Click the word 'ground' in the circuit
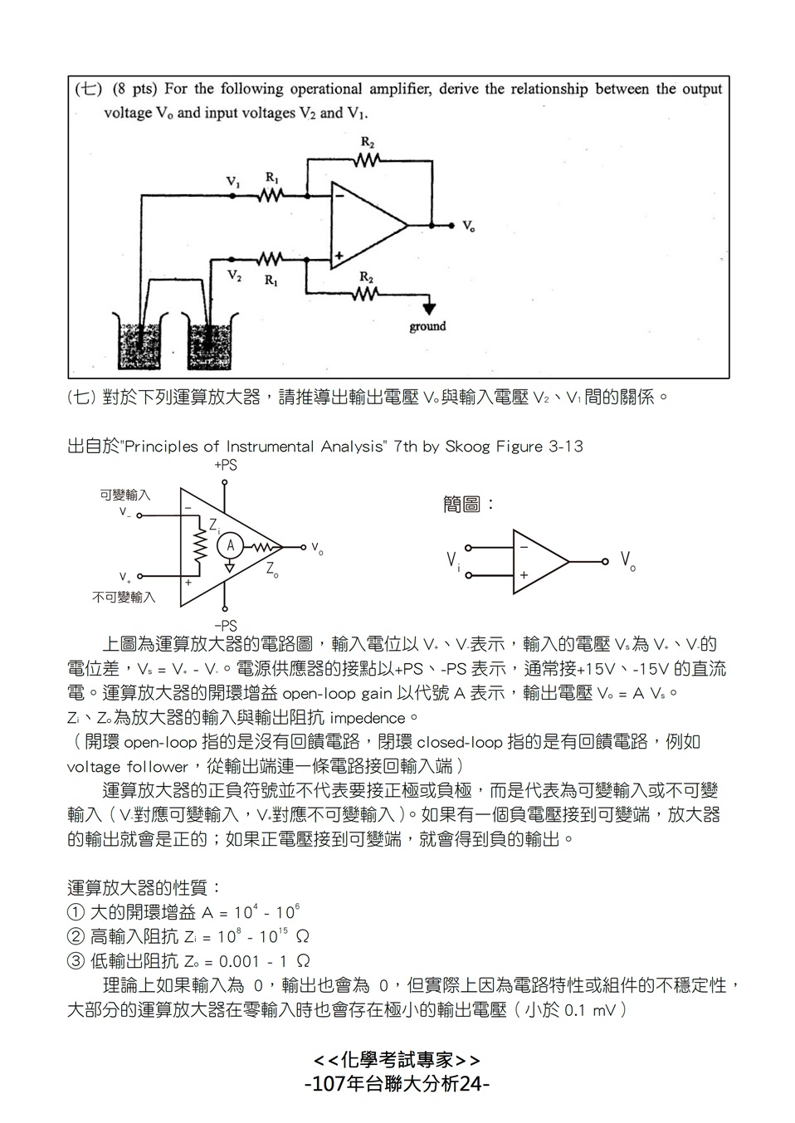coord(427,327)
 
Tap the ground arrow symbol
coord(428,308)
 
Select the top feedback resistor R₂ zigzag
coord(367,160)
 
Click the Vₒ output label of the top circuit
coord(469,226)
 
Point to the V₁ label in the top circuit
coord(233,182)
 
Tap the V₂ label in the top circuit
coord(234,276)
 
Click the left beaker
coord(140,341)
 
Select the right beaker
coord(209,341)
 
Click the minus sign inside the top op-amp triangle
coord(340,196)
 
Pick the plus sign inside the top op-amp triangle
coord(339,256)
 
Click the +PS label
coord(226,466)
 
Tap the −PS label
coord(226,626)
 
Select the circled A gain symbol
coord(230,546)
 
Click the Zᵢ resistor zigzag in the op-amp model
coord(200,545)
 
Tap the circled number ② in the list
coord(76,936)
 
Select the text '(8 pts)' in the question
coord(134,90)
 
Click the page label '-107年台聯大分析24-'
coord(397,1084)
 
